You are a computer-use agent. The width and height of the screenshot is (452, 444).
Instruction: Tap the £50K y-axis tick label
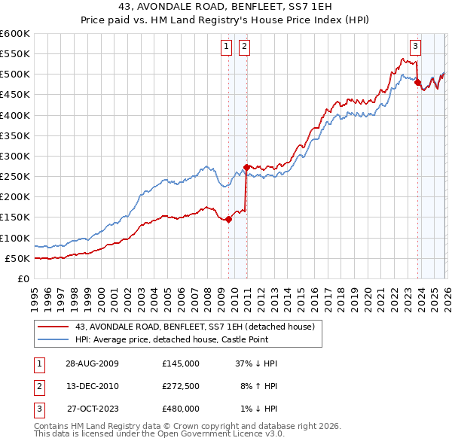[x=17, y=259]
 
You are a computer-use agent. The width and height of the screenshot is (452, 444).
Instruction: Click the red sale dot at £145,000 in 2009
[x=228, y=220]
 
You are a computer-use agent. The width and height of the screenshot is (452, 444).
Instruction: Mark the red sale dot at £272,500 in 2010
[x=246, y=167]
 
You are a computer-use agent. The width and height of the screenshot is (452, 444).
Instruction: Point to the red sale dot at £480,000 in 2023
[x=417, y=83]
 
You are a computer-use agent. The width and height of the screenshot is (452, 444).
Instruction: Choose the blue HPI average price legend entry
[x=193, y=339]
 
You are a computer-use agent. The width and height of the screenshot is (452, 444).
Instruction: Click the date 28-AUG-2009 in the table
[x=92, y=363]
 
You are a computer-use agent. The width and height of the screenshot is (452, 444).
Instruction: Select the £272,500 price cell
[x=181, y=386]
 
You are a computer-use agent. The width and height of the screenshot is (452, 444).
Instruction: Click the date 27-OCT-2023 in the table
[x=92, y=409]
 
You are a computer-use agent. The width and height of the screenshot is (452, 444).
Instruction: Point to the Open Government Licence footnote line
[x=160, y=434]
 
